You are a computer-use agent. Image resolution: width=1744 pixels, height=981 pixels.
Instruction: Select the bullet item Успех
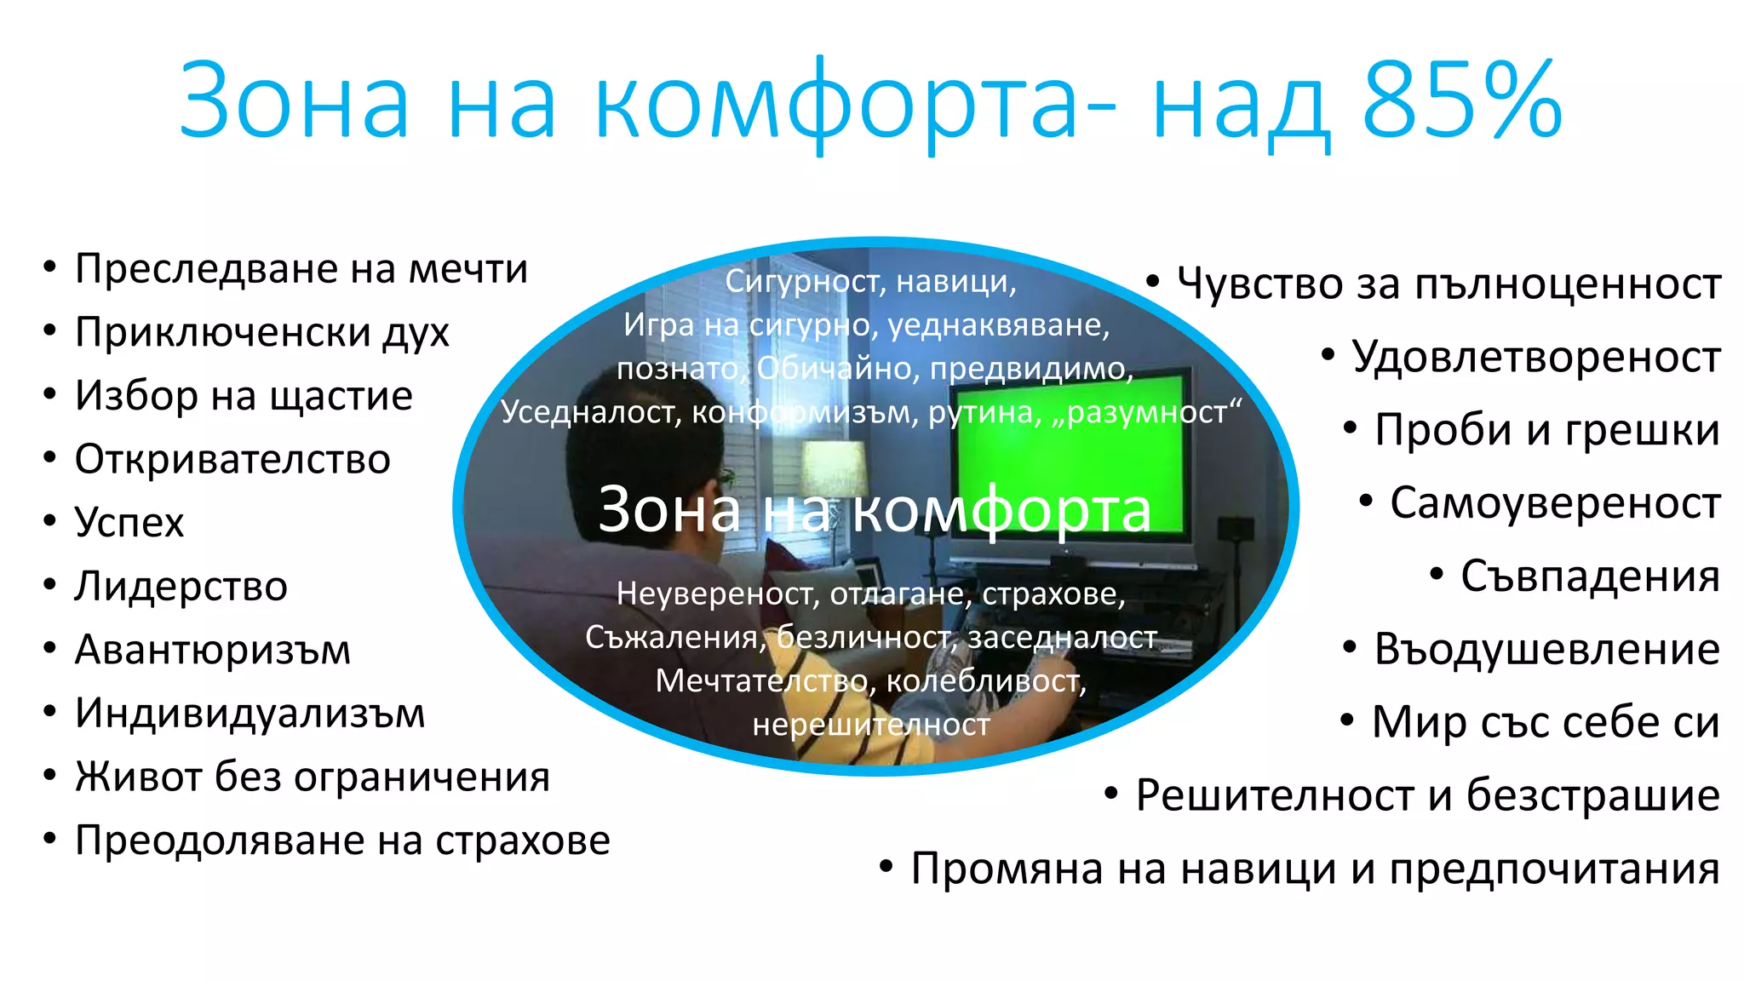(129, 522)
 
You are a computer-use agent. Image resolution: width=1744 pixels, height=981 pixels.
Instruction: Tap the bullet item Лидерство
(181, 586)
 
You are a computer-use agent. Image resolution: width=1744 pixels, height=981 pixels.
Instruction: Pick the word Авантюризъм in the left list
(213, 650)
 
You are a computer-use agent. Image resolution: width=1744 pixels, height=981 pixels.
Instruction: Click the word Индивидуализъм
(250, 713)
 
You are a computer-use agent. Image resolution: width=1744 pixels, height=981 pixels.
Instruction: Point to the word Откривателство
(232, 459)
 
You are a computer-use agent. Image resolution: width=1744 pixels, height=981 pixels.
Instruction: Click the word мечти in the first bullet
(468, 269)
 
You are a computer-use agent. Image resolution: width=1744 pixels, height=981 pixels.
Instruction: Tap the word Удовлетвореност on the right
(1536, 357)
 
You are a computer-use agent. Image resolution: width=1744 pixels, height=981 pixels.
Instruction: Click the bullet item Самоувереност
(1555, 502)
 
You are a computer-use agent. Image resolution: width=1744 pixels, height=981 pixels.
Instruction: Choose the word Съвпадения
(1590, 576)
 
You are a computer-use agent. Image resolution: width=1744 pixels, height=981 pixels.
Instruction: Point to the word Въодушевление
(1546, 649)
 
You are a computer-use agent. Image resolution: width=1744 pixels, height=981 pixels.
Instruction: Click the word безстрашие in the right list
(1592, 795)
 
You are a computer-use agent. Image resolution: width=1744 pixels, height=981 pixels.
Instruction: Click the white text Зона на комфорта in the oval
(875, 510)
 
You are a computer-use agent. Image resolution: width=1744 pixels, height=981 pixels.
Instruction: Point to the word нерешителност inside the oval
(871, 725)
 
